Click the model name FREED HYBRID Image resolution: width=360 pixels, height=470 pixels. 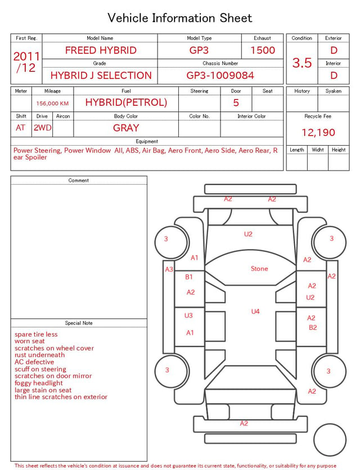click(x=101, y=50)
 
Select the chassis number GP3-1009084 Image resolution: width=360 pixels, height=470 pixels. click(x=220, y=75)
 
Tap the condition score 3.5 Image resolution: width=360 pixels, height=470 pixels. click(x=302, y=62)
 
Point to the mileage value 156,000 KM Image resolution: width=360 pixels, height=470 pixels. click(x=52, y=104)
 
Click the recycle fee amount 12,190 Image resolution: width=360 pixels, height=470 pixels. click(x=318, y=132)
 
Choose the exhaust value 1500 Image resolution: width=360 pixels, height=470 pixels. click(x=263, y=50)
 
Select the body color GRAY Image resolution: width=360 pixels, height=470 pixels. click(x=126, y=128)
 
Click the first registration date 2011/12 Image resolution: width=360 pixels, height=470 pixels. click(x=26, y=62)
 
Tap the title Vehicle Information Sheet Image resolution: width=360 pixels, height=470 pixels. click(x=179, y=18)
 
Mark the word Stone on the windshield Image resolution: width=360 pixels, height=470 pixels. click(x=259, y=268)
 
